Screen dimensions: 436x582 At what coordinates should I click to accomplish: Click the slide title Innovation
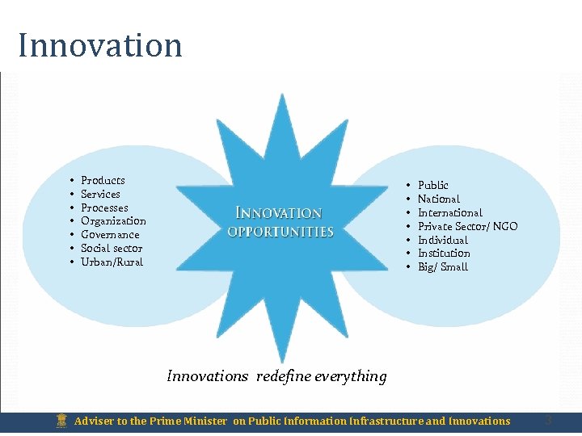click(100, 45)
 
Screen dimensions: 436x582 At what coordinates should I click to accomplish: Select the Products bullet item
click(103, 180)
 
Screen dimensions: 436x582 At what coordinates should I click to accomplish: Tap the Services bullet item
click(100, 194)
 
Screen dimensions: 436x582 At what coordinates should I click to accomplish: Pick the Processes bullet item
click(104, 208)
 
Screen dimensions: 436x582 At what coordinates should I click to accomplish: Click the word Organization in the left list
click(113, 220)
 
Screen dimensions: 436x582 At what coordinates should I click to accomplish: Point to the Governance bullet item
click(110, 234)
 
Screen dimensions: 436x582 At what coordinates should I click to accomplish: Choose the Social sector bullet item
click(112, 248)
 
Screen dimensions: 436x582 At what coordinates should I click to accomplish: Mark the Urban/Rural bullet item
click(112, 262)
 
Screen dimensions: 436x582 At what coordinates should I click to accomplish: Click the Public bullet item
click(432, 185)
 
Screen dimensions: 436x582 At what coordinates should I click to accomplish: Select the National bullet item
click(438, 199)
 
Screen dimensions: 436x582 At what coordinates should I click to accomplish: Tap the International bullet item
click(449, 212)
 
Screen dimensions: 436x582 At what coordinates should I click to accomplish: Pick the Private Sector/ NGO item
click(467, 226)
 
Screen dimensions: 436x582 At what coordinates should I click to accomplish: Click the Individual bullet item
click(442, 240)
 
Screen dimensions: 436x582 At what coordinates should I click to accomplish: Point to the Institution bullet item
click(444, 253)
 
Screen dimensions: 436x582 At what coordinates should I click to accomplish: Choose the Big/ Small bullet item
click(442, 266)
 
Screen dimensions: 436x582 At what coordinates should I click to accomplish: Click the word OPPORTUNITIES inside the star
click(280, 232)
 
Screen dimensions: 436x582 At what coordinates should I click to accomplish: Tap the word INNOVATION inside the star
click(279, 213)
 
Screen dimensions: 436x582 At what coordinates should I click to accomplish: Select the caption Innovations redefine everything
click(276, 376)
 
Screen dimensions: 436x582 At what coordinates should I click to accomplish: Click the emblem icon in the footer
click(61, 421)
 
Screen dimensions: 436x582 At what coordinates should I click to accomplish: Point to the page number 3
click(548, 421)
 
